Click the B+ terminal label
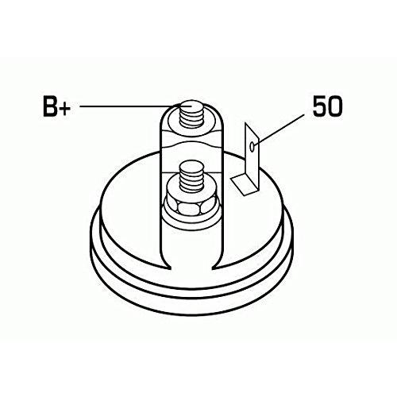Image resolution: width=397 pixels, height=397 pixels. [x=56, y=106]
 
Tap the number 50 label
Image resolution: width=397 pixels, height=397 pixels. [x=327, y=106]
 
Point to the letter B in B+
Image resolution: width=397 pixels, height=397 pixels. [x=50, y=106]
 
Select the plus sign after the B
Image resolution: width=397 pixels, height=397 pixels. [x=65, y=108]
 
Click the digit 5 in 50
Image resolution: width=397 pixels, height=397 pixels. [x=320, y=106]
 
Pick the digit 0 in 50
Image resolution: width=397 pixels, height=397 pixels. [x=335, y=106]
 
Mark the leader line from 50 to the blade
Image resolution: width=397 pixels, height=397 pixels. [x=281, y=129]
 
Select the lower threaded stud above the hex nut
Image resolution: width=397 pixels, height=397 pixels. [x=191, y=175]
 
